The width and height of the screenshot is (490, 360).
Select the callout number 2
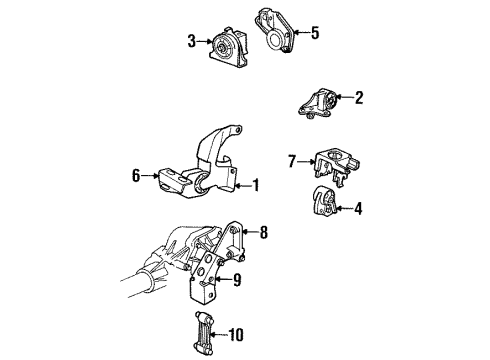359,97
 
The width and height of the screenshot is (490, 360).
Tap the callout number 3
191,41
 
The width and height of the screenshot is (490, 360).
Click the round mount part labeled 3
227,47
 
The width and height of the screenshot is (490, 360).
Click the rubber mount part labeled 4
323,204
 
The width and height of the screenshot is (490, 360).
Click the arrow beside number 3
203,41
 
